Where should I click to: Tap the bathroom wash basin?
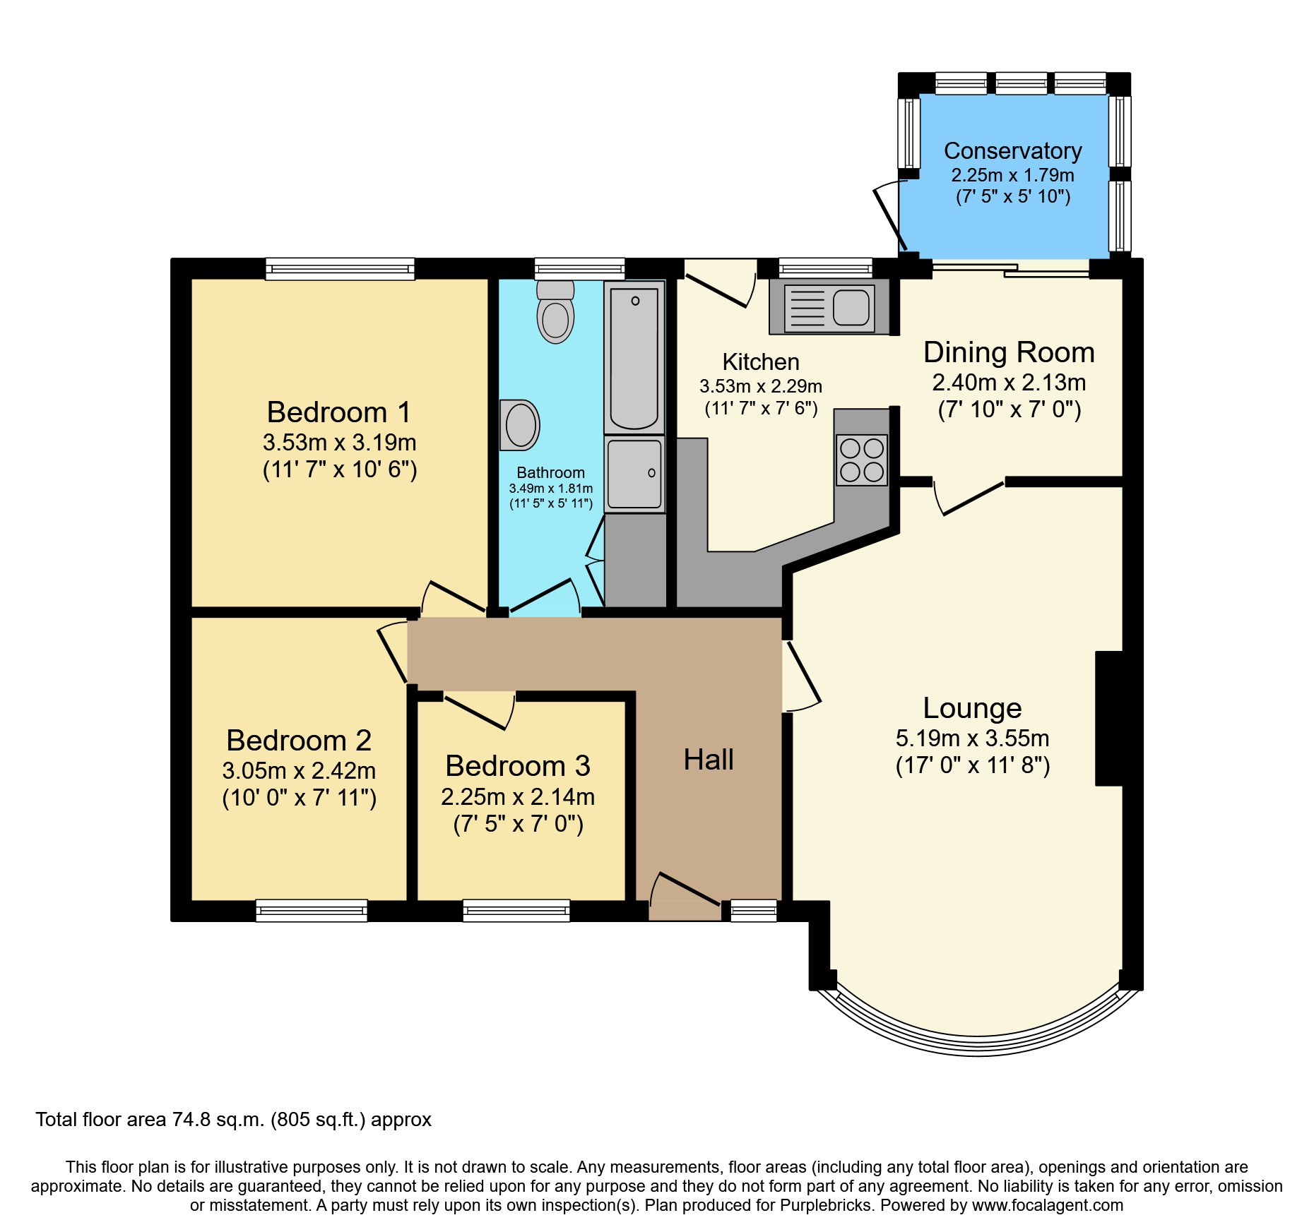[520, 425]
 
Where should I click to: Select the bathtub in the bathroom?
[634, 358]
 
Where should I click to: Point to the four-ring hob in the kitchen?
[861, 460]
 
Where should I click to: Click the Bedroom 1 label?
[338, 412]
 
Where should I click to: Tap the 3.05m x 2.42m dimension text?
[299, 770]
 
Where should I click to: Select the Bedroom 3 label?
[517, 766]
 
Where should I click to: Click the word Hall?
[708, 760]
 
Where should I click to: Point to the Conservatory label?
[1012, 151]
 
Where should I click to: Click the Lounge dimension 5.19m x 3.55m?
[972, 738]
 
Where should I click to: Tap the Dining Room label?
[1009, 352]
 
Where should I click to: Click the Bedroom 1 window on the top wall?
[340, 268]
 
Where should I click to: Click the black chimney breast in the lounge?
[1108, 718]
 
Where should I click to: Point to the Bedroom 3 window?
[516, 911]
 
